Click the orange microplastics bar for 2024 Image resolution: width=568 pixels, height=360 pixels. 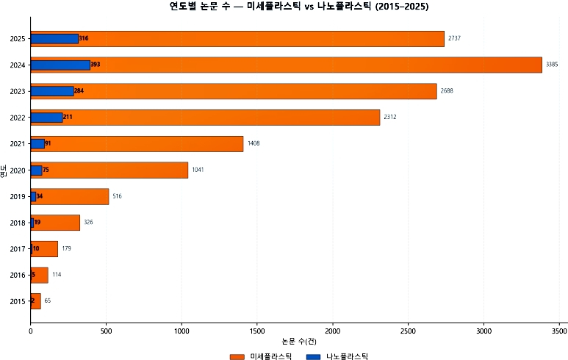click(x=316, y=65)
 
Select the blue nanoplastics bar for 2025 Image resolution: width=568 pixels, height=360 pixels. click(x=54, y=38)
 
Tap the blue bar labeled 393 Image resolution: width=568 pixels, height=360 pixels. click(x=60, y=65)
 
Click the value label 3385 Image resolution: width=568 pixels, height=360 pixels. click(x=552, y=65)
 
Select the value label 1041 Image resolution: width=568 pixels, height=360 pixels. click(x=198, y=170)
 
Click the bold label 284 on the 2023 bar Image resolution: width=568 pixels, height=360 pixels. click(x=79, y=91)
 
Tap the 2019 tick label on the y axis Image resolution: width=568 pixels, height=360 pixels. click(x=18, y=196)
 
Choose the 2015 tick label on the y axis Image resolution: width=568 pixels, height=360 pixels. click(x=18, y=301)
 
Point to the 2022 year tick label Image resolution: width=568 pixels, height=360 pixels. click(x=18, y=118)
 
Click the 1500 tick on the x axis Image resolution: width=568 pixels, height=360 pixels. click(x=257, y=331)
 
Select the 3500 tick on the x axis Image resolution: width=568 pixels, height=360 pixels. click(x=559, y=331)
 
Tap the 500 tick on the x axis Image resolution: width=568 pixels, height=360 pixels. click(x=106, y=331)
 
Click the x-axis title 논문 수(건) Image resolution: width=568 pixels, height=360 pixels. click(x=299, y=342)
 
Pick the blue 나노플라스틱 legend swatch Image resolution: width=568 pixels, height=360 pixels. click(x=313, y=356)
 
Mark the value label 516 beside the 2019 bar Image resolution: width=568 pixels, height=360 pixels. click(x=117, y=196)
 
